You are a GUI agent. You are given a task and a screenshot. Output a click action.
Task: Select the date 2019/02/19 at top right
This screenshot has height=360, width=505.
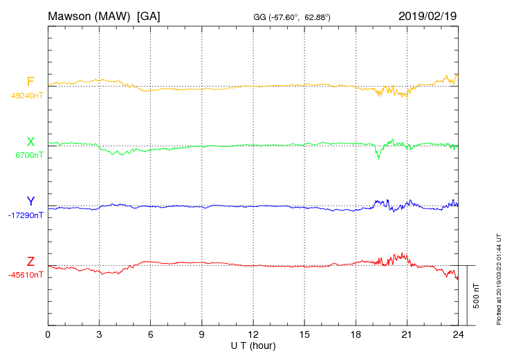(x=428, y=15)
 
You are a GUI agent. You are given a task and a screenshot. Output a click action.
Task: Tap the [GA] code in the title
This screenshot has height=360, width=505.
(x=149, y=15)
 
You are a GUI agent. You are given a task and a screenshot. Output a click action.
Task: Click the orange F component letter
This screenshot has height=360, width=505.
(x=30, y=82)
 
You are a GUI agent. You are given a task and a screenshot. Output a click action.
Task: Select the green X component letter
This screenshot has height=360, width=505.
(x=30, y=142)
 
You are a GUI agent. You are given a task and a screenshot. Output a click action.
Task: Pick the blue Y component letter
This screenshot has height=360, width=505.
(x=30, y=201)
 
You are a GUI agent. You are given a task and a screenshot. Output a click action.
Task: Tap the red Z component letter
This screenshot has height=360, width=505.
(x=30, y=262)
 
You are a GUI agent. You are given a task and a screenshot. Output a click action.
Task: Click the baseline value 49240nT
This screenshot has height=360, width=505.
(x=26, y=96)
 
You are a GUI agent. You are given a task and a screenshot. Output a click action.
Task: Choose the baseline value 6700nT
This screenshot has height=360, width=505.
(x=29, y=155)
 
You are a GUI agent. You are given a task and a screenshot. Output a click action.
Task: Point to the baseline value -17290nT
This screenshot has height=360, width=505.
(x=26, y=215)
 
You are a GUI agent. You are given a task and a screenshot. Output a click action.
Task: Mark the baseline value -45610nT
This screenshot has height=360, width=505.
(x=26, y=275)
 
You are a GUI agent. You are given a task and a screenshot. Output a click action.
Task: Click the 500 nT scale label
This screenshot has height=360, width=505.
(x=477, y=295)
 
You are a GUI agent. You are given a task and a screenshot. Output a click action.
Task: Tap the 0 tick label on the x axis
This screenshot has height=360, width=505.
(x=48, y=334)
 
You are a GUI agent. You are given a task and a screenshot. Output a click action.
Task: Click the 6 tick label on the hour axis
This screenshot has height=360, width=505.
(x=150, y=334)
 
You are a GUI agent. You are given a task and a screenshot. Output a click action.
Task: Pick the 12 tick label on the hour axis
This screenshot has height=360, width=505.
(x=252, y=334)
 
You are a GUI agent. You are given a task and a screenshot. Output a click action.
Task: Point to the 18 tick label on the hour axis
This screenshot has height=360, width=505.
(x=355, y=334)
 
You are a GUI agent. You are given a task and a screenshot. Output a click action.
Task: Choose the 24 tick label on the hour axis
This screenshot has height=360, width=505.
(x=457, y=334)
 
